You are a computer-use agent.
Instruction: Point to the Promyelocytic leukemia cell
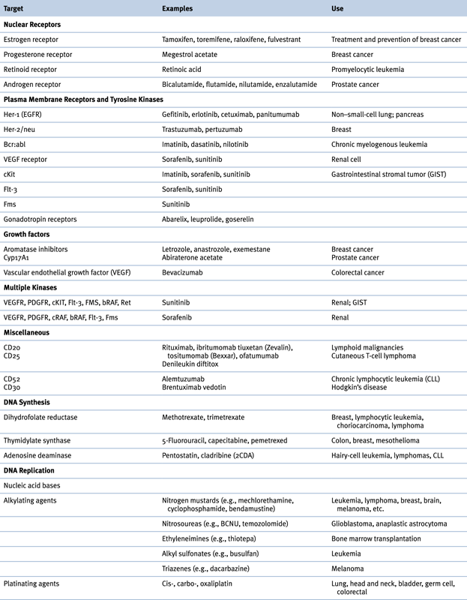[x=367, y=69]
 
